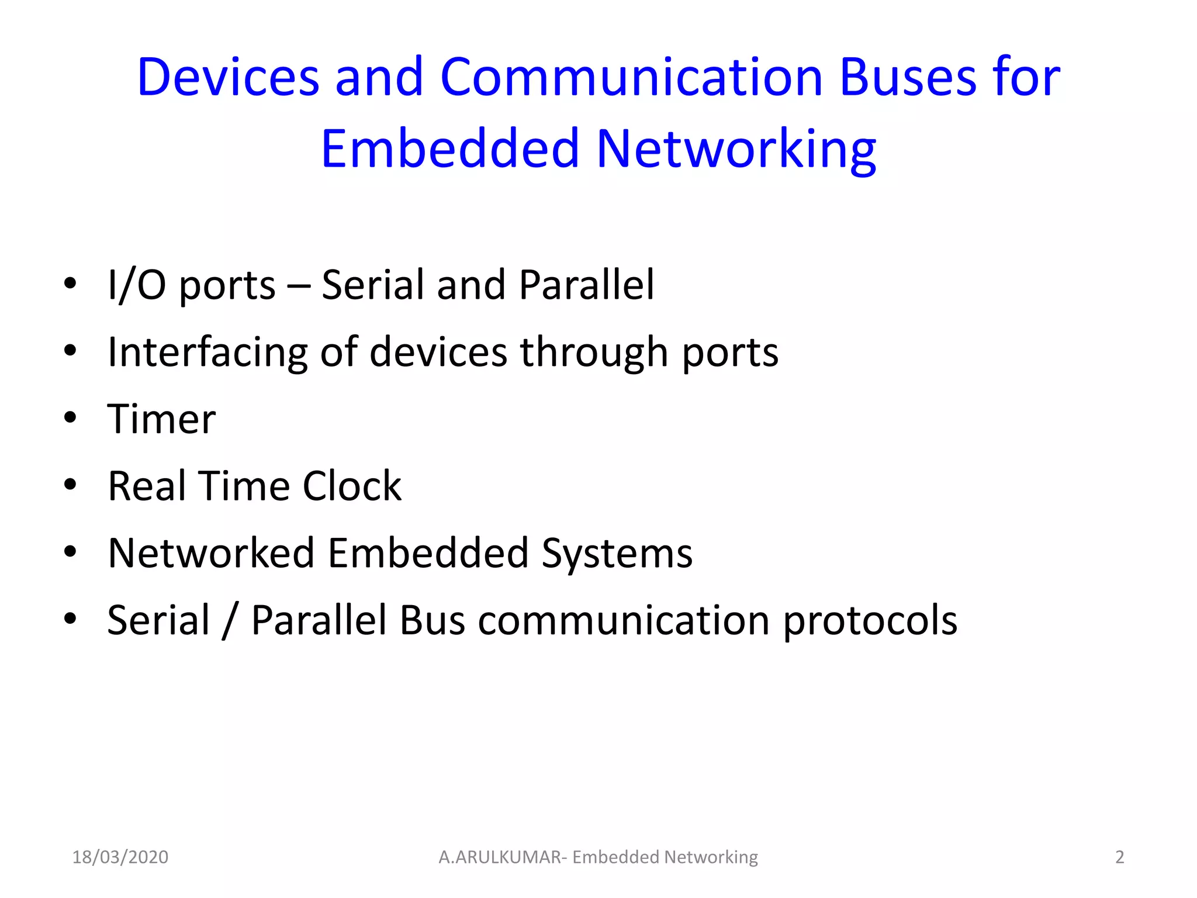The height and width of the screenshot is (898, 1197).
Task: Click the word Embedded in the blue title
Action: point(449,148)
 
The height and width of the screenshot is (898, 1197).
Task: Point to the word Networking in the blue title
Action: point(736,150)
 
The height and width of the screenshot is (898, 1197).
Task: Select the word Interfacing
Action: point(207,353)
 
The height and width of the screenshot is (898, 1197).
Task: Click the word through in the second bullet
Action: point(594,353)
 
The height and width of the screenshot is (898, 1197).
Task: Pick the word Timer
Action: point(161,419)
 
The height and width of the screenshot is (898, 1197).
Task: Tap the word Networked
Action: point(211,553)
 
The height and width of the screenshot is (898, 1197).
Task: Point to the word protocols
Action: point(870,620)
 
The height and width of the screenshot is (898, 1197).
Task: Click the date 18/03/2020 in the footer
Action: point(120,857)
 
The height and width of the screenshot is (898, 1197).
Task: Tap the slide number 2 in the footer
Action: point(1119,857)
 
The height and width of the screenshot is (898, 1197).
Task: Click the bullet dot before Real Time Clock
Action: point(71,485)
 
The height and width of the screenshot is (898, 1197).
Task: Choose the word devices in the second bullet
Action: point(438,353)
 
